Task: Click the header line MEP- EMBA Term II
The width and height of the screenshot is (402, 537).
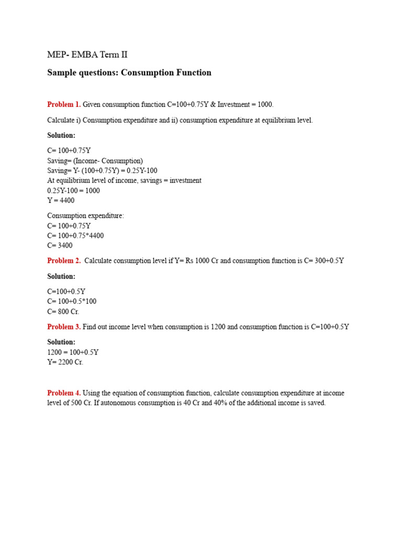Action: (87, 55)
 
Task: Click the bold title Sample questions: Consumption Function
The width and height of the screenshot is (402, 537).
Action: (129, 73)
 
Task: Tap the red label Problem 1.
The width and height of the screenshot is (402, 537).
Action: (64, 104)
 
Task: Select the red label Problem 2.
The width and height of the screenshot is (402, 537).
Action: (64, 261)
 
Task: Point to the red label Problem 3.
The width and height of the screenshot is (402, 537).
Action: (64, 327)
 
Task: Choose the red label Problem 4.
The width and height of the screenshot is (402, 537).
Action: (64, 393)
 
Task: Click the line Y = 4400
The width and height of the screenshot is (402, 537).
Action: (61, 200)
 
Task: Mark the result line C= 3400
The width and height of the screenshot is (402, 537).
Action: (60, 245)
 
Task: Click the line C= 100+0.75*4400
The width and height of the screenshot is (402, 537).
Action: (75, 235)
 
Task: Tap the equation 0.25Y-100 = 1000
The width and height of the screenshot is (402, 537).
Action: (73, 190)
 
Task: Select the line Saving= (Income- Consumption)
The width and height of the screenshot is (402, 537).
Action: (95, 160)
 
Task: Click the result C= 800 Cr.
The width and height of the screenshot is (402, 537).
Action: (63, 311)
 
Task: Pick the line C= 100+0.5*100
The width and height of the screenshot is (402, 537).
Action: (72, 301)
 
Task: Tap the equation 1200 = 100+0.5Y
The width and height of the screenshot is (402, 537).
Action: (73, 352)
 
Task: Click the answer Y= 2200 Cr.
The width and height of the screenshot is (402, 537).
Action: (65, 362)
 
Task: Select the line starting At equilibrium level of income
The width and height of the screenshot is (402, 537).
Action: (124, 180)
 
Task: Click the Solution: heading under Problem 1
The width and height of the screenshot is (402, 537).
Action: (61, 135)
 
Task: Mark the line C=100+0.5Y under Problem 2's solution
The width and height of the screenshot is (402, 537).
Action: (66, 291)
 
